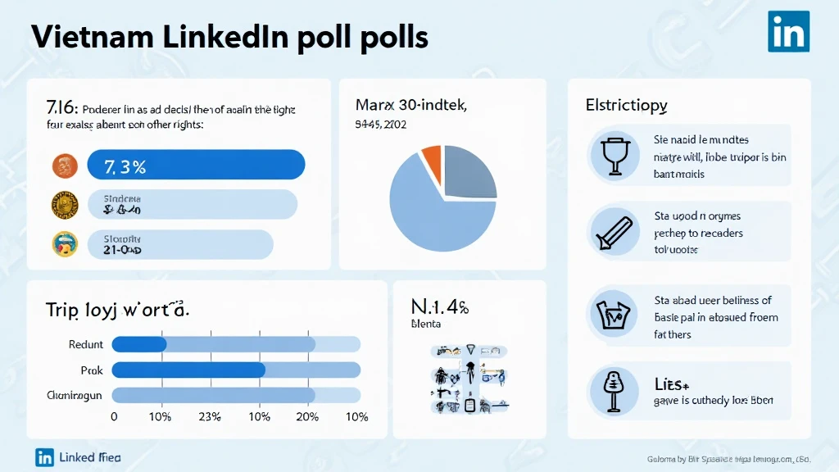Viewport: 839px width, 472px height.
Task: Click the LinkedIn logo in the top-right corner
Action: [x=788, y=32]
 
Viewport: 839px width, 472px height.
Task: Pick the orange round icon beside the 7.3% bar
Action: [x=65, y=166]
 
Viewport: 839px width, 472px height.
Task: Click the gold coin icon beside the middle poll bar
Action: [x=65, y=204]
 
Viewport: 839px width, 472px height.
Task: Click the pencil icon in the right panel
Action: [x=615, y=232]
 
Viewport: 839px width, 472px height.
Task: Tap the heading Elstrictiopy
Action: [x=626, y=105]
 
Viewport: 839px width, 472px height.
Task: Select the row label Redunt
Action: [x=86, y=345]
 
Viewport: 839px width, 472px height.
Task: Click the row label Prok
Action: [x=92, y=370]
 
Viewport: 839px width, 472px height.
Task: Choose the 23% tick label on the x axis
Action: [x=210, y=417]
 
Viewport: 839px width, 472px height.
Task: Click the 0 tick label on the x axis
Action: [x=114, y=417]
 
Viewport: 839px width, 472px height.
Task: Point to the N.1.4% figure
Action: [x=439, y=307]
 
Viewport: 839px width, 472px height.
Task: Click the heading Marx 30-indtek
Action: [x=410, y=105]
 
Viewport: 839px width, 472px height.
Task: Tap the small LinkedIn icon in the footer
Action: [x=44, y=457]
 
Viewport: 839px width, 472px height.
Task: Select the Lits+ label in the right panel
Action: [x=672, y=383]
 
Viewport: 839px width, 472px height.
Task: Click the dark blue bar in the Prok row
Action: [x=188, y=370]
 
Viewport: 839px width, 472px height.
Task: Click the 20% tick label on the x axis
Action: [x=306, y=417]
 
